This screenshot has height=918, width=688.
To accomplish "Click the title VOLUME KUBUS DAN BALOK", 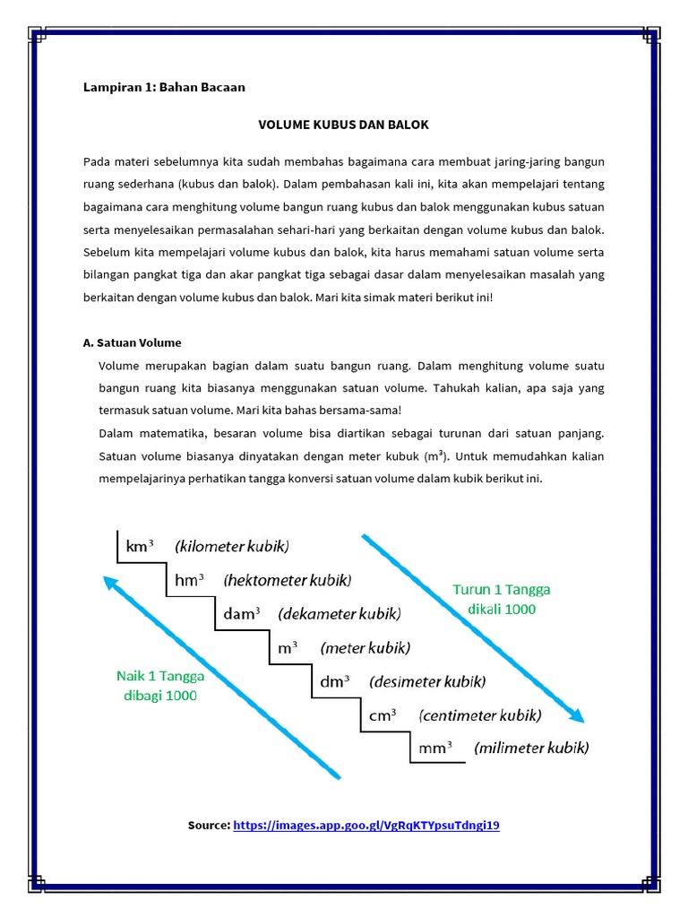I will [343, 125].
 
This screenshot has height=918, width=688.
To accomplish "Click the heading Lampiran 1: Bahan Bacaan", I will [164, 88].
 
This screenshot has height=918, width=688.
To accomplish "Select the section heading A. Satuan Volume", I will [132, 342].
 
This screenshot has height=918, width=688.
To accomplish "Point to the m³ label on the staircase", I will [288, 647].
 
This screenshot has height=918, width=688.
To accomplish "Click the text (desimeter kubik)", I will [427, 681].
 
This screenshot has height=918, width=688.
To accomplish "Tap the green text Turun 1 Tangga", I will [502, 590].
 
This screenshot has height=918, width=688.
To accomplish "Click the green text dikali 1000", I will [502, 610].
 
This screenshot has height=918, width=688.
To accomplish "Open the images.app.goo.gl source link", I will [365, 825].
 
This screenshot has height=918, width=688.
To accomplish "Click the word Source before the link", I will [208, 825].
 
